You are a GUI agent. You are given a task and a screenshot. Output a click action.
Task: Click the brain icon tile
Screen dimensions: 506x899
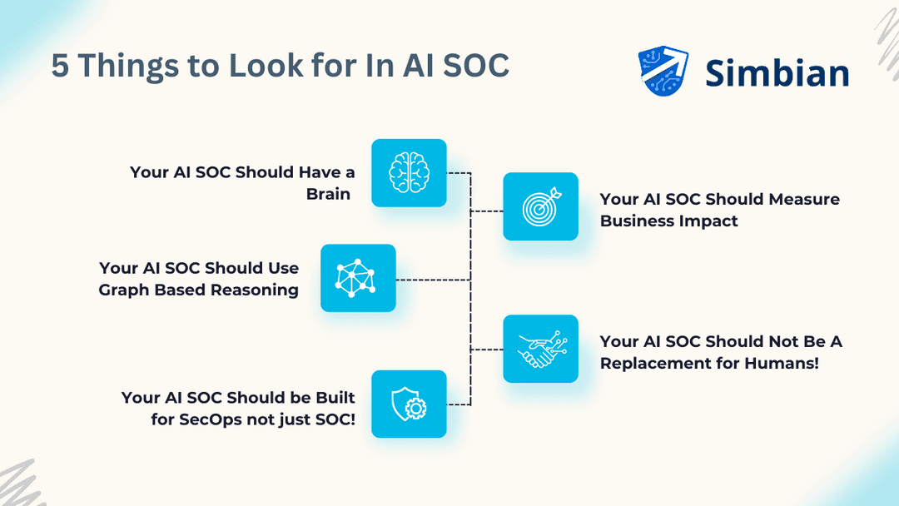click(409, 172)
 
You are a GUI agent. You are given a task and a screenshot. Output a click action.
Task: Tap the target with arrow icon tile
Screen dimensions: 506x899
click(540, 206)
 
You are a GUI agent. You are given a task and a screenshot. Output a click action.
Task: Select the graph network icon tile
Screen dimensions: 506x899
click(358, 278)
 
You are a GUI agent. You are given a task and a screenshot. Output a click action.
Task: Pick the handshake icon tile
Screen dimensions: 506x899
click(540, 349)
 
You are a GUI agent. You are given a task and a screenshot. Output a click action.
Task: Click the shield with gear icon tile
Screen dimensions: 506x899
click(409, 404)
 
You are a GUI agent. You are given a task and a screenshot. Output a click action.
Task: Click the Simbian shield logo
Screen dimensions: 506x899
click(663, 71)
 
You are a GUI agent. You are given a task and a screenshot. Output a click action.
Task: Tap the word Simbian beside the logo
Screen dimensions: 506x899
click(777, 73)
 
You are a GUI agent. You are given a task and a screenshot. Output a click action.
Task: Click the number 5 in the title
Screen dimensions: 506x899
click(60, 66)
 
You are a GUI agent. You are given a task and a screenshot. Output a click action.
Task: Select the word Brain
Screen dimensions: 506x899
click(327, 194)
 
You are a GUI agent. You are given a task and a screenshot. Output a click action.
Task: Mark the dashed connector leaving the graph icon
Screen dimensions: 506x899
click(433, 280)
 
